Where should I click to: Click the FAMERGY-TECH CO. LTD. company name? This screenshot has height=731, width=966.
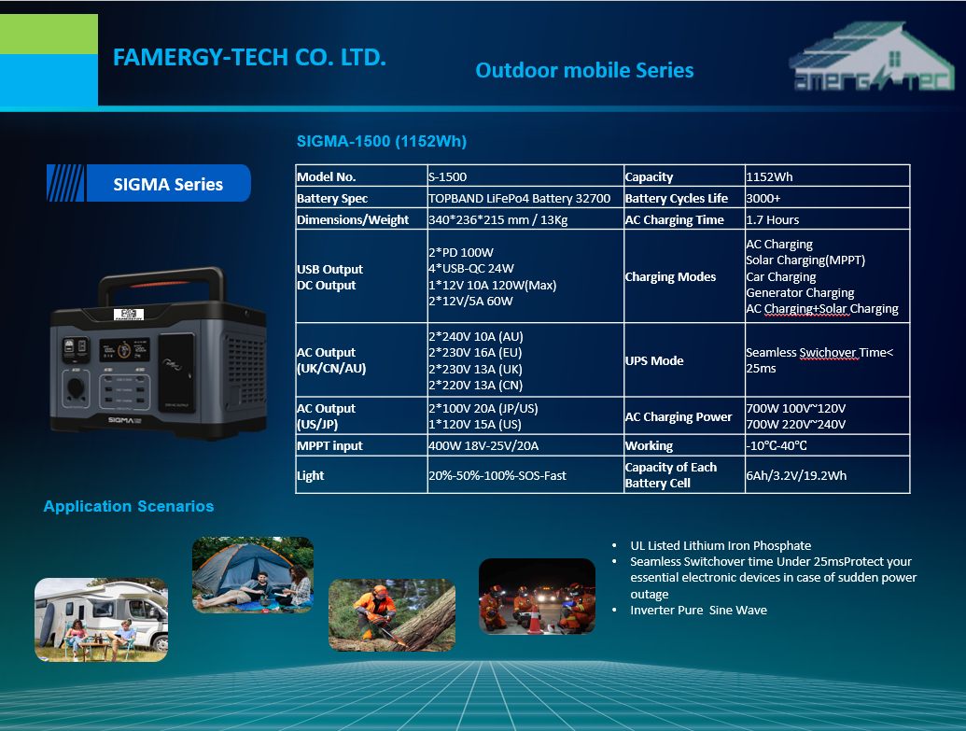[x=249, y=57]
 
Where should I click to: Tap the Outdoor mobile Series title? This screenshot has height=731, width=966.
[x=584, y=70]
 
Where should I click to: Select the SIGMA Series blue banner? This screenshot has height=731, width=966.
[x=148, y=183]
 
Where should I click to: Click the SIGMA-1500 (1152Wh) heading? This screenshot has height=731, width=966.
[x=382, y=141]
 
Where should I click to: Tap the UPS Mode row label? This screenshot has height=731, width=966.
[x=654, y=360]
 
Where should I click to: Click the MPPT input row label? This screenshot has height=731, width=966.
[x=329, y=445]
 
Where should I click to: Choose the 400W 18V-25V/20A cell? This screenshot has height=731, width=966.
[x=483, y=445]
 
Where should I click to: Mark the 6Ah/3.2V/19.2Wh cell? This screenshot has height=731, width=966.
[x=796, y=475]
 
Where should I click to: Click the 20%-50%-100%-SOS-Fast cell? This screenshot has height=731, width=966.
[x=497, y=475]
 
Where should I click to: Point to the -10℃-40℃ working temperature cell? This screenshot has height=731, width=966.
[x=777, y=445]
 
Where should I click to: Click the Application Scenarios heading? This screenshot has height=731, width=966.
[x=129, y=506]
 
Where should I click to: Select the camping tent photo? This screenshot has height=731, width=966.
[x=253, y=575]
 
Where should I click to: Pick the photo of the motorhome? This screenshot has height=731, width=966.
[x=101, y=620]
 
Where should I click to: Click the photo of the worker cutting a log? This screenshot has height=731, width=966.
[x=392, y=615]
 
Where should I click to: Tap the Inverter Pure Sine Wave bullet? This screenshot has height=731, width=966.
[x=699, y=611]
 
